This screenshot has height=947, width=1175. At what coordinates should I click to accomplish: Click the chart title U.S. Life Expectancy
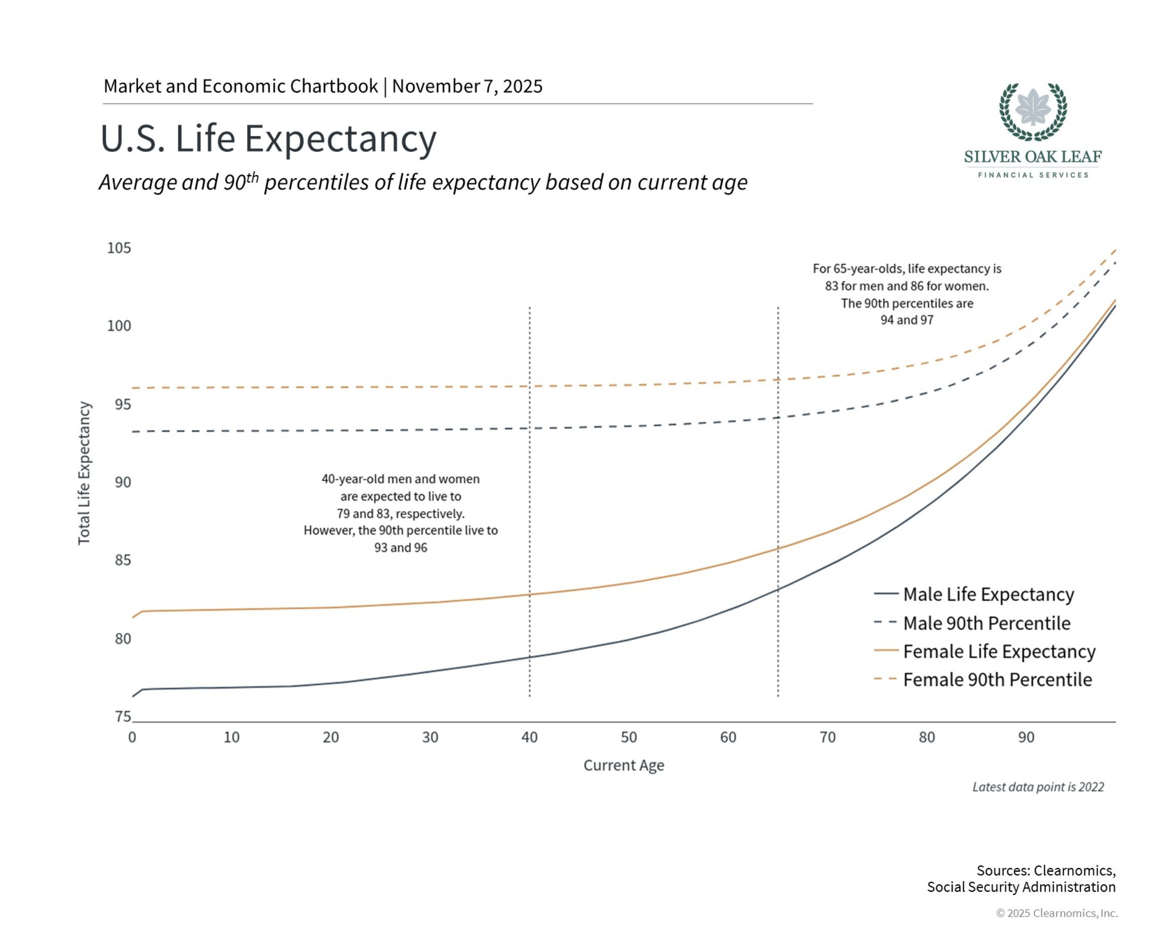(x=268, y=139)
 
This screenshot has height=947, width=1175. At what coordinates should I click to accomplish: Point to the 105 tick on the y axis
(x=119, y=248)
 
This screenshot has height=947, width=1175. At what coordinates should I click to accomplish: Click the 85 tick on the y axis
(x=123, y=560)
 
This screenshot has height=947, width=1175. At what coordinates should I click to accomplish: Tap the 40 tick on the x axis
(x=529, y=737)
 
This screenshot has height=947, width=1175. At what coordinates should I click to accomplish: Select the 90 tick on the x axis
(x=1026, y=737)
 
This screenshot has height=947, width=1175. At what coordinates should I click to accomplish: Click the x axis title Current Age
(x=623, y=765)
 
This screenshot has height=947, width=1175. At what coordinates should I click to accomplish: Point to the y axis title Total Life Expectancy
(x=84, y=473)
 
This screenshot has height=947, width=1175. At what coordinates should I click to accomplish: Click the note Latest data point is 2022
(x=1038, y=787)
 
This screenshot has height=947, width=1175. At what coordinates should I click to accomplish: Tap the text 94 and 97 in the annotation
(x=907, y=320)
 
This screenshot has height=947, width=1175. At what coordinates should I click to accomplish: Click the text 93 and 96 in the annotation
(x=401, y=547)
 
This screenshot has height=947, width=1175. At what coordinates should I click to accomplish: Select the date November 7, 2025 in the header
(x=467, y=86)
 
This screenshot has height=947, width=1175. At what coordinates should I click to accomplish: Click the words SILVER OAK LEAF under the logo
(x=1033, y=157)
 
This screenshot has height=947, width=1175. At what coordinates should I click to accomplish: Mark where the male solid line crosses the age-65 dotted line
(x=778, y=589)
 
